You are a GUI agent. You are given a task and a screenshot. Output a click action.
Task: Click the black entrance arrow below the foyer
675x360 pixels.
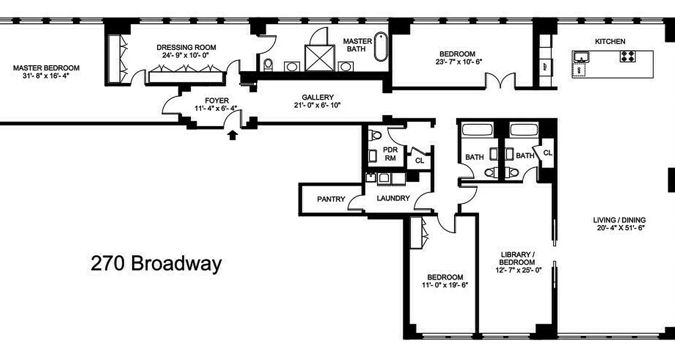point(232,135)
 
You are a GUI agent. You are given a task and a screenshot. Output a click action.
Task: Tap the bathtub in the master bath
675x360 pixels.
point(381,47)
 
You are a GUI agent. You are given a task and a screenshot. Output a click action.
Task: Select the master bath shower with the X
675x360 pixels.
point(319,58)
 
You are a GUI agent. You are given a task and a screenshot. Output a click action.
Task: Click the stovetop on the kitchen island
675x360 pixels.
point(628,56)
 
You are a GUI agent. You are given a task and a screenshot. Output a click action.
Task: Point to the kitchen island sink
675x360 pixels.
point(581,58)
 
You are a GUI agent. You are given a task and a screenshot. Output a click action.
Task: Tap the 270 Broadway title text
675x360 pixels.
point(156,264)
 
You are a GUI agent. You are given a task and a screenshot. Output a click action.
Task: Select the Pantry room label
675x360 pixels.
point(331,199)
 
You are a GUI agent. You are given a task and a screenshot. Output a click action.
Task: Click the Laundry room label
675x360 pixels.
point(393,198)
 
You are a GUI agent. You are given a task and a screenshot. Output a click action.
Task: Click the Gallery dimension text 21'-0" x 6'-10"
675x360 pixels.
point(318,105)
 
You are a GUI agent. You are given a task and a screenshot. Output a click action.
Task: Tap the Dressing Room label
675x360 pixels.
point(186,47)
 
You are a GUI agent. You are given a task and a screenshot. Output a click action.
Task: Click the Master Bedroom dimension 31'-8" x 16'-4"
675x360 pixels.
point(46,76)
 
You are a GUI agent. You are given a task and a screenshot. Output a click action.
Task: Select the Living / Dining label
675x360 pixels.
point(619,220)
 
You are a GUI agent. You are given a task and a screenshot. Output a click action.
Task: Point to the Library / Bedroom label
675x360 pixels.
point(517,258)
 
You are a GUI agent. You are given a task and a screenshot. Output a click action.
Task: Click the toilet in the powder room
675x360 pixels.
point(374,134)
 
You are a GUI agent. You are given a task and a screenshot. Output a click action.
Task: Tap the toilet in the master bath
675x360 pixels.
point(268,65)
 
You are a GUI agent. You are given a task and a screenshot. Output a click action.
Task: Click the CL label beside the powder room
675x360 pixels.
point(419,161)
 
